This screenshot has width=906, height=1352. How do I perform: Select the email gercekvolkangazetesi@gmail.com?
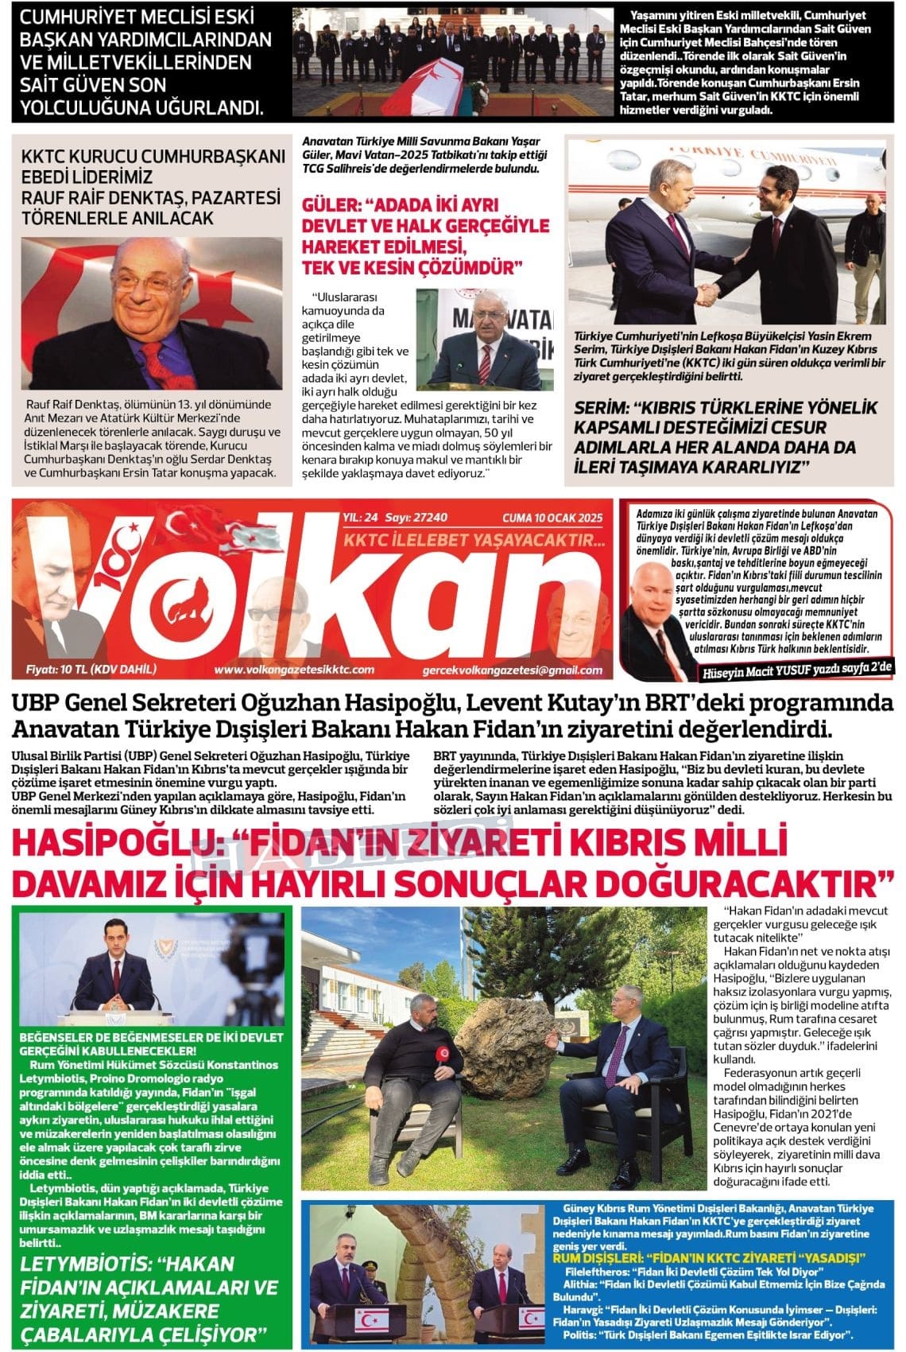pos(513,670)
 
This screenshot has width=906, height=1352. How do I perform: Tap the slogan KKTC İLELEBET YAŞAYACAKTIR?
pos(474,541)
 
